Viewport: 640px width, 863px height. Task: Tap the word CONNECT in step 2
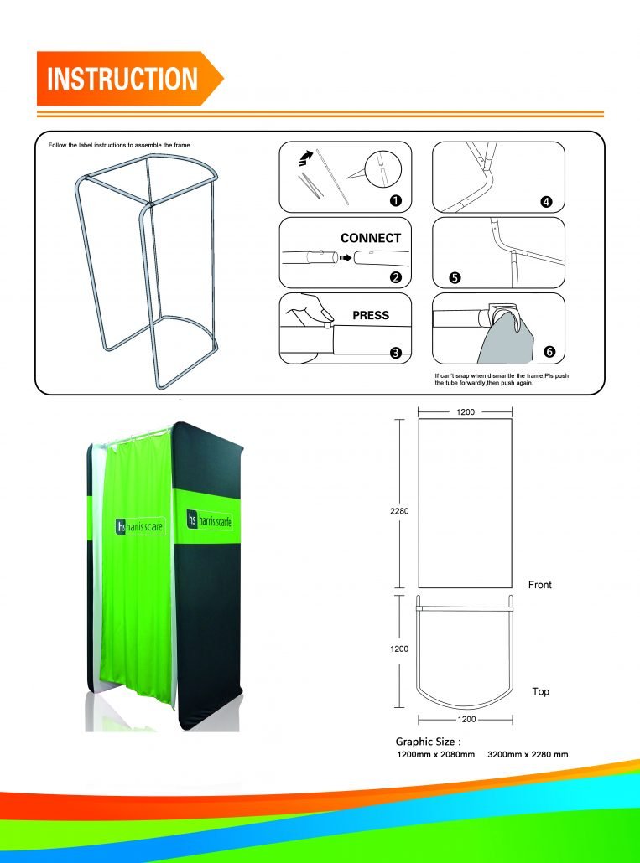(371, 238)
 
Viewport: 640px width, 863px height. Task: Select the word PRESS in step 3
(371, 316)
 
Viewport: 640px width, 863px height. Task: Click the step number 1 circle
(395, 201)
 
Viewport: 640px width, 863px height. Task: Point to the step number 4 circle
(547, 202)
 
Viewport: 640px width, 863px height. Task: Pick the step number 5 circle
(455, 278)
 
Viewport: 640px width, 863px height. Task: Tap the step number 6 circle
(549, 351)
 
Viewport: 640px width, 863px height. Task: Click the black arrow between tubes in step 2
(344, 259)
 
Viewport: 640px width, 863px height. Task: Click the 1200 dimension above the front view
(466, 412)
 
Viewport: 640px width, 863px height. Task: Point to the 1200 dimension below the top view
(466, 720)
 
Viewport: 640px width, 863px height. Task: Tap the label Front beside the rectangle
(540, 585)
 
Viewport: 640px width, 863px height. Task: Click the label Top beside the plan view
(541, 692)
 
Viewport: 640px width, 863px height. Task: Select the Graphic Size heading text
(428, 742)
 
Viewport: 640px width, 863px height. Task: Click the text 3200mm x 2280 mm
(528, 755)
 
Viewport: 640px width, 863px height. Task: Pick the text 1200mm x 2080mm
(435, 755)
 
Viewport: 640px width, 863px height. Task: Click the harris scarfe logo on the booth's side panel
(209, 519)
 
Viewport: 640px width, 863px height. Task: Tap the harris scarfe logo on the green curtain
(140, 526)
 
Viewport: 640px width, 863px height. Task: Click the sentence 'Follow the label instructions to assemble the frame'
(119, 146)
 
